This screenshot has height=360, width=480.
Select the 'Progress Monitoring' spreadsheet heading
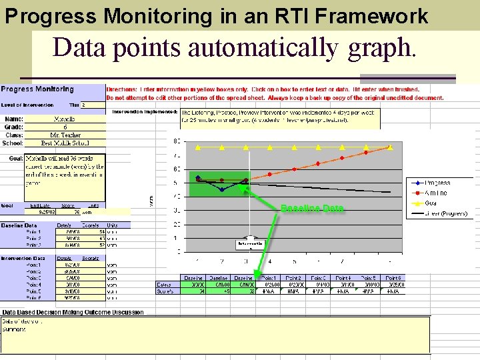point(37,89)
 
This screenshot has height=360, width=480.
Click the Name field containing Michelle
point(64,119)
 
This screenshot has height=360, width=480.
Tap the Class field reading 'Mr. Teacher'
point(64,135)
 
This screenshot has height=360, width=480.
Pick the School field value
point(64,143)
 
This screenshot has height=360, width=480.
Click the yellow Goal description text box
point(64,170)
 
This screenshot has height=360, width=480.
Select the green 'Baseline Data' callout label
point(312,209)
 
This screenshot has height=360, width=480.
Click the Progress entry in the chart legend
point(437,183)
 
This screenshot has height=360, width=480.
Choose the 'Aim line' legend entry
point(437,193)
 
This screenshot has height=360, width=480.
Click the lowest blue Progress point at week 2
point(222,190)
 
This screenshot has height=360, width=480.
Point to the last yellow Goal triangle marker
point(390,147)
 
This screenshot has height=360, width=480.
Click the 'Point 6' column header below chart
point(393,277)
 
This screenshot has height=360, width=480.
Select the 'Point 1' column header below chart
point(269,277)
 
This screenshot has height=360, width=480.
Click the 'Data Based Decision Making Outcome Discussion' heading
point(73,312)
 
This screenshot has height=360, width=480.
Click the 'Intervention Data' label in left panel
point(23,258)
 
